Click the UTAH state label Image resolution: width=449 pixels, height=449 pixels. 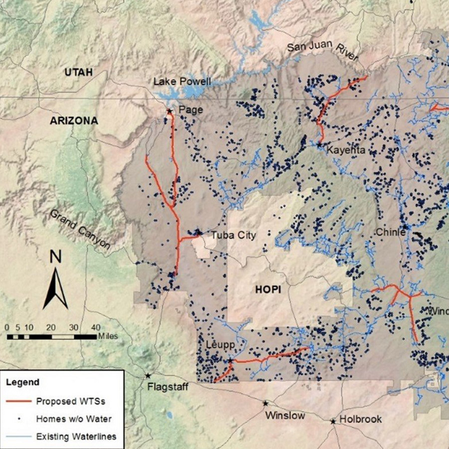click(79, 73)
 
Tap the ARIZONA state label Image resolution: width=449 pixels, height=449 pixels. click(74, 121)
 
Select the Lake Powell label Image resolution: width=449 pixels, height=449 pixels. click(182, 81)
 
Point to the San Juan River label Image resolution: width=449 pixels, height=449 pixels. click(322, 52)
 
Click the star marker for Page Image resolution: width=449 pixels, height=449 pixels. click(169, 111)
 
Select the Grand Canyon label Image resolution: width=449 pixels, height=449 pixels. click(79, 229)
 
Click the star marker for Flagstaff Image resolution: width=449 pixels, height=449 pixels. click(148, 375)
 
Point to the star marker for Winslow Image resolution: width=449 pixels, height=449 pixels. click(265, 403)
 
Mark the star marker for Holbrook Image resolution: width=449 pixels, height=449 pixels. click(333, 422)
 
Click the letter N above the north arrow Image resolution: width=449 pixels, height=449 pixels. click(55, 257)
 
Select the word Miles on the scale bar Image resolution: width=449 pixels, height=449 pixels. click(108, 336)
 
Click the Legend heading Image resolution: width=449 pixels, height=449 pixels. click(22, 383)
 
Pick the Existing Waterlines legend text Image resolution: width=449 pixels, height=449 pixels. click(76, 437)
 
